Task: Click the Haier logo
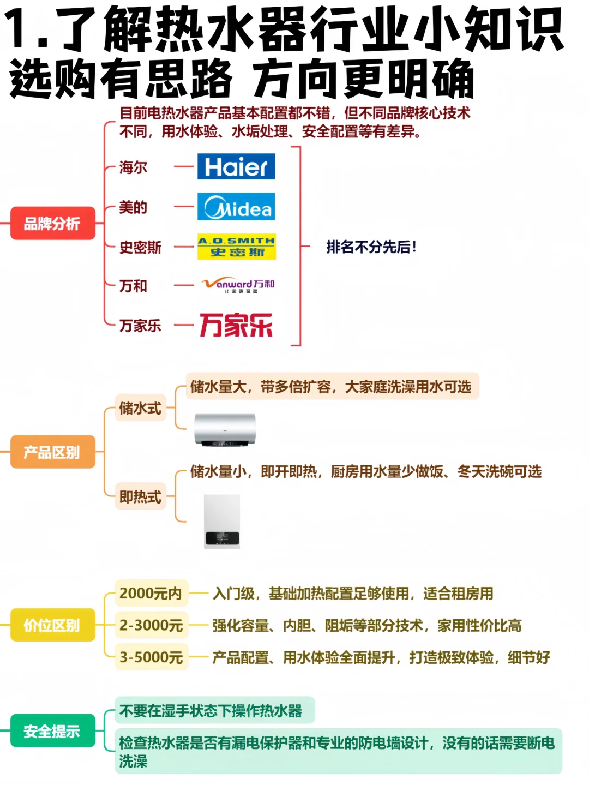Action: click(x=236, y=166)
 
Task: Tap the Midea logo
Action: click(x=236, y=207)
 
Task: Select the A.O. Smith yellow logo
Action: click(x=237, y=247)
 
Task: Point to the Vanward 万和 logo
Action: click(x=238, y=285)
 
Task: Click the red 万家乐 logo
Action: click(x=236, y=325)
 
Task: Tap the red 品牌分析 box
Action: click(x=52, y=223)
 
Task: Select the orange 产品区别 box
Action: click(x=52, y=452)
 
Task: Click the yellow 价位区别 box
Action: click(x=52, y=625)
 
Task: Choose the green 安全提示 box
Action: click(x=52, y=730)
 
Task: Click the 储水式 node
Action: click(x=140, y=408)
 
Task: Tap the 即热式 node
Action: click(x=140, y=497)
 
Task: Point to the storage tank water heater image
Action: click(x=225, y=429)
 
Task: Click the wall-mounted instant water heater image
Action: click(x=222, y=522)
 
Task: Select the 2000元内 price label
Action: click(x=151, y=593)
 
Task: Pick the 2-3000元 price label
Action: click(x=151, y=625)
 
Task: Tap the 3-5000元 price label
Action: click(x=151, y=657)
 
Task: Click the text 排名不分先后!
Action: click(x=371, y=247)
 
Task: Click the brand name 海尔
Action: click(x=134, y=167)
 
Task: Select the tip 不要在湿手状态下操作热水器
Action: click(x=211, y=711)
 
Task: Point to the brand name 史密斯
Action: click(x=140, y=247)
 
